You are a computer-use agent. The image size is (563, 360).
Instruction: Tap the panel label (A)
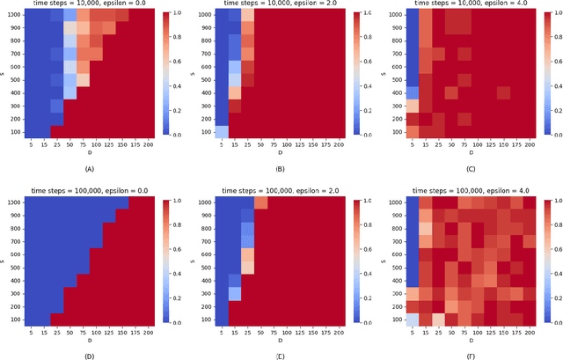click(x=89, y=167)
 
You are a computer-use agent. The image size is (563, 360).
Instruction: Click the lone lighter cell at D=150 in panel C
click(x=503, y=92)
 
